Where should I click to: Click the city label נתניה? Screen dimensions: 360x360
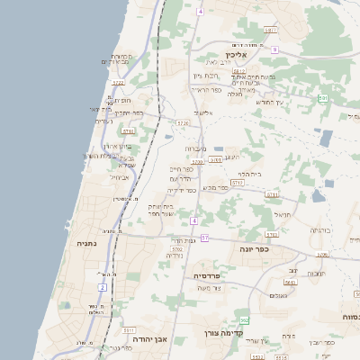pos(86,243)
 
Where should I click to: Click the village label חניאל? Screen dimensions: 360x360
pos(282,215)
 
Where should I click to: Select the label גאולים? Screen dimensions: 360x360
pos(278,295)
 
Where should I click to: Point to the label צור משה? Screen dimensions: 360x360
pos(209,288)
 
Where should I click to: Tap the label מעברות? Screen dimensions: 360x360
pos(195,148)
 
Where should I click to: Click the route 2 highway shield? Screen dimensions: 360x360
pos(103,287)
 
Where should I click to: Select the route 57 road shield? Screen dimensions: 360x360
pos(205,238)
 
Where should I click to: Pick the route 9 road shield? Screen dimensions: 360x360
pos(274,49)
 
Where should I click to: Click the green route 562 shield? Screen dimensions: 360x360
pos(244,319)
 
